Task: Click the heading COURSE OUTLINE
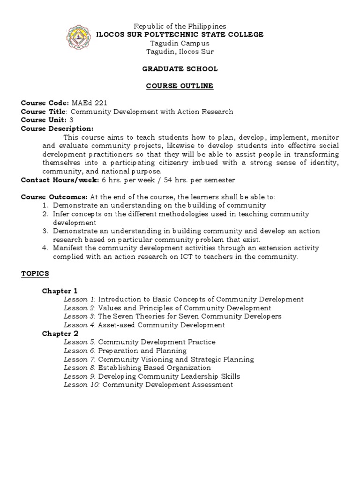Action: click(x=180, y=86)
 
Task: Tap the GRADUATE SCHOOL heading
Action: click(x=180, y=69)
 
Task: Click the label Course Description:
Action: click(x=57, y=128)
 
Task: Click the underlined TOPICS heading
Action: click(x=35, y=273)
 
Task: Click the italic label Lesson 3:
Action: click(x=80, y=316)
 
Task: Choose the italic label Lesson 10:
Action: click(x=82, y=385)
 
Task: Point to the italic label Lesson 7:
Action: click(x=80, y=360)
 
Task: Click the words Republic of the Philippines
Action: click(x=180, y=26)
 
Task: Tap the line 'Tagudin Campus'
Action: click(x=180, y=43)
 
